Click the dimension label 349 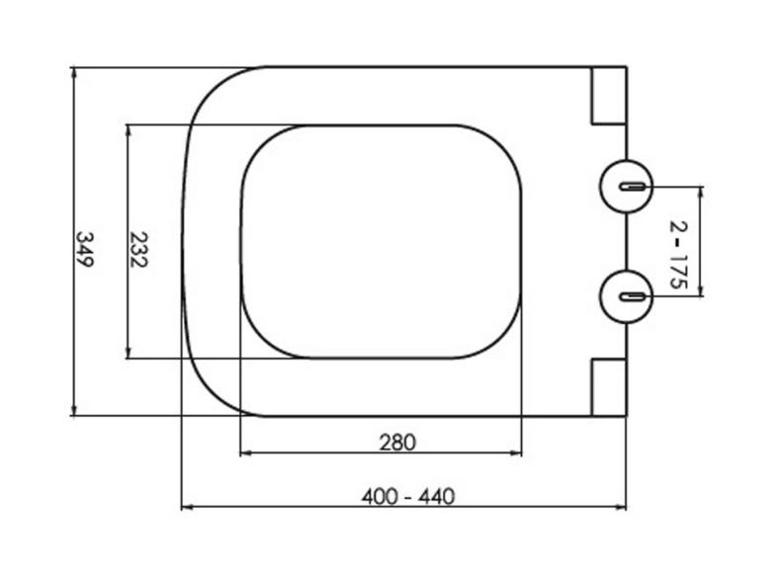pos(84,249)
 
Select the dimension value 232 pos(138,249)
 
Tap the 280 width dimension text pos(397,443)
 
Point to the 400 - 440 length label pos(408,496)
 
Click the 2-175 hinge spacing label pos(679,255)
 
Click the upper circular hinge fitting pos(626,187)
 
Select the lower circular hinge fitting pos(626,296)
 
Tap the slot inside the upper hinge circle pos(632,187)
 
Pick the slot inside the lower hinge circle pos(632,296)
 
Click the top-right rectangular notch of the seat pos(609,95)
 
